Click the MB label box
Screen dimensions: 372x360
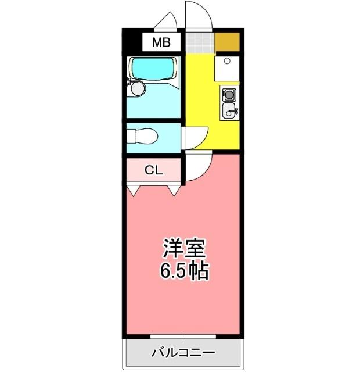[161, 42]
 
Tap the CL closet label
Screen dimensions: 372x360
[154, 170]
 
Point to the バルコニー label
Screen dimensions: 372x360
[183, 353]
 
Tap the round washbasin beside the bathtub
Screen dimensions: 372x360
[137, 88]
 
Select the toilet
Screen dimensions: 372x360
[143, 136]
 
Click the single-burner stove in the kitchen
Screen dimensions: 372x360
[229, 94]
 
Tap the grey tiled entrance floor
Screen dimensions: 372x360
[199, 42]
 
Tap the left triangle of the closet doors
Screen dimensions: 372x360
[134, 189]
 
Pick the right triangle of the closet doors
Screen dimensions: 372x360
[174, 189]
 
